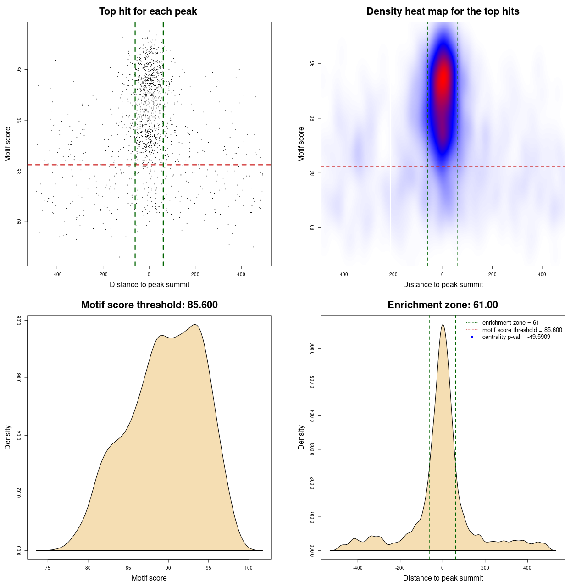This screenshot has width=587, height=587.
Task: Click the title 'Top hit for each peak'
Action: pos(148,11)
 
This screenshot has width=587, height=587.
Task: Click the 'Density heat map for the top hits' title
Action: pos(443,11)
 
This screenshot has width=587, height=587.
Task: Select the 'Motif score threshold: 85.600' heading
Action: pos(149,305)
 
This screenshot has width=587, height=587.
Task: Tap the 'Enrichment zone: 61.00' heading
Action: pos(443,305)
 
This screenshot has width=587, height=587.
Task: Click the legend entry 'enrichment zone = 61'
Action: pos(510,323)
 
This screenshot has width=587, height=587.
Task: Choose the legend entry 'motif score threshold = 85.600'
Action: pos(522,330)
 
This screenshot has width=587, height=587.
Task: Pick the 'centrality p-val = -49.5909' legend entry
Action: pos(516,337)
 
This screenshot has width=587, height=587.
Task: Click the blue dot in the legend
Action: pos(472,337)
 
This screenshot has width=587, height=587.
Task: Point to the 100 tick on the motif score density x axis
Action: pos(249,568)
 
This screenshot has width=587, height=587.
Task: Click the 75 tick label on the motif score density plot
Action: pos(48,568)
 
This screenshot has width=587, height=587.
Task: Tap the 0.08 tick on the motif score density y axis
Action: pos(19,320)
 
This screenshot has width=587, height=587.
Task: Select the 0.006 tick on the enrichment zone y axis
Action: pos(313,349)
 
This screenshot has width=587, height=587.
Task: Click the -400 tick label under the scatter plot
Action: pos(57,274)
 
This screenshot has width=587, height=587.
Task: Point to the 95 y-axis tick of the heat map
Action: pos(313,64)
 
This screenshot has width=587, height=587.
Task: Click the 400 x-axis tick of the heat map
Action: pos(542,274)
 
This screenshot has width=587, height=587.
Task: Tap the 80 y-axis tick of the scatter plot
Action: pos(19,222)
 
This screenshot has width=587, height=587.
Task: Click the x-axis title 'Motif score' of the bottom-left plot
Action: pos(149,578)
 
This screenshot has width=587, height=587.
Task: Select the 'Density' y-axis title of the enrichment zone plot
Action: pos(301,437)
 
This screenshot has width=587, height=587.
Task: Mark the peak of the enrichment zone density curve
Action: pos(443,325)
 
